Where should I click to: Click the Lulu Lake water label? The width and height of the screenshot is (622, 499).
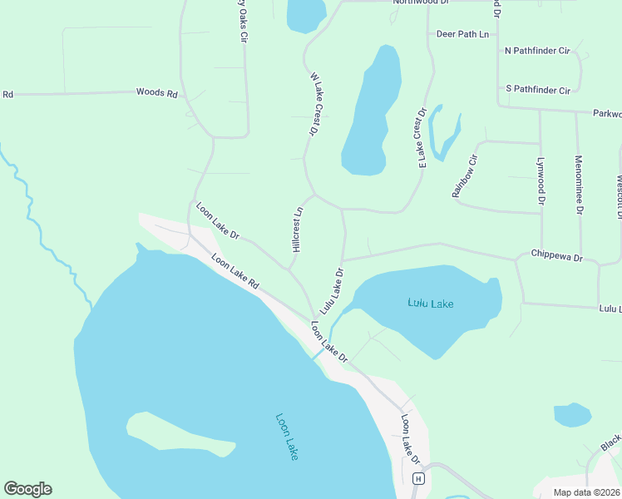pos(431,304)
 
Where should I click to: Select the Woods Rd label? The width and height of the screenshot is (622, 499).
pos(157,93)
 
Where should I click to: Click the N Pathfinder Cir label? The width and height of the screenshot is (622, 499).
pos(537,51)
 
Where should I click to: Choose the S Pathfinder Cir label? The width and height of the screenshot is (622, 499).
pos(537,89)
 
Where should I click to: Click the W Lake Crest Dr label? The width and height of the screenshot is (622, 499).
pos(315,104)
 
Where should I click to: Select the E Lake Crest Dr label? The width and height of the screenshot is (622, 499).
pos(422,138)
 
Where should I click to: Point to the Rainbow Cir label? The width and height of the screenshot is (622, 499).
pos(465,176)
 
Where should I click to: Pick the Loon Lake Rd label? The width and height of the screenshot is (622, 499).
pos(235,272)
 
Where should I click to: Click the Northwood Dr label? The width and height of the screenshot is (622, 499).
pos(421,2)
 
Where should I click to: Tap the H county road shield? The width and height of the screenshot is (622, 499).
pos(419,478)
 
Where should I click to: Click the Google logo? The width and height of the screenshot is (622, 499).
pos(27,489)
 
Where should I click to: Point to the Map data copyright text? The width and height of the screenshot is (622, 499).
pos(586,492)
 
